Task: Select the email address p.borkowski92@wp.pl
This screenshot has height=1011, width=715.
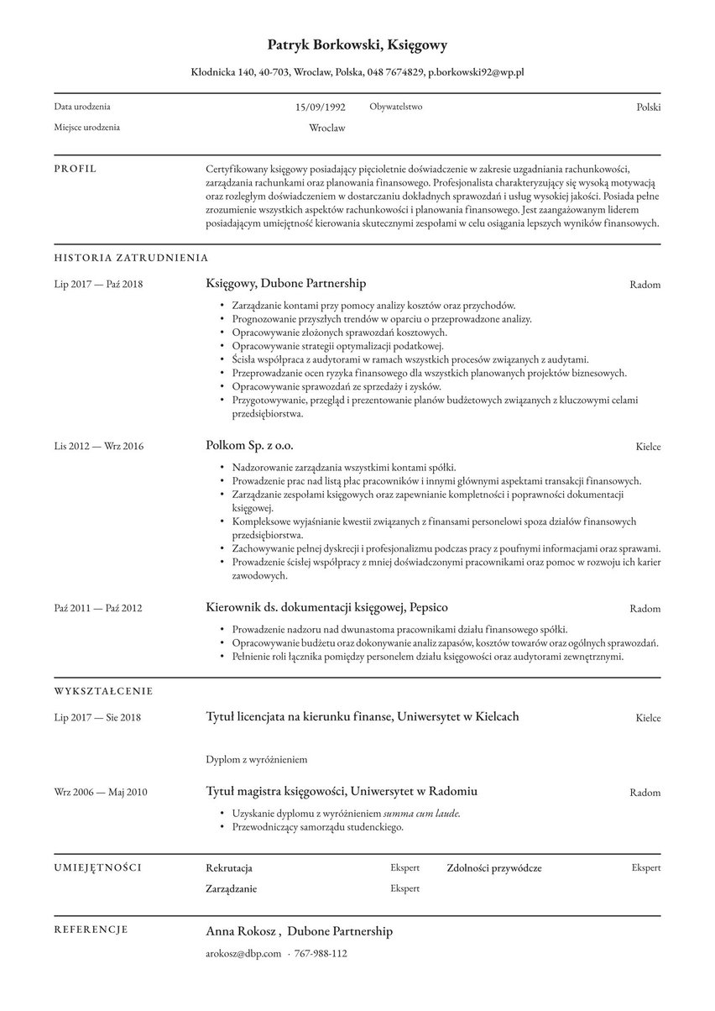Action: point(476,73)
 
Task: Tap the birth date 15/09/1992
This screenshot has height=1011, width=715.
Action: point(320,107)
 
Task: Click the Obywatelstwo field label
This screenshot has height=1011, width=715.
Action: point(396,107)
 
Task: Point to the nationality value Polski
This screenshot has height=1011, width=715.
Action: point(648,107)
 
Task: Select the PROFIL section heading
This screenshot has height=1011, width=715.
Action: point(76,169)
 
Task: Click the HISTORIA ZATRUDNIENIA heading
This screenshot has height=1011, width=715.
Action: point(131,259)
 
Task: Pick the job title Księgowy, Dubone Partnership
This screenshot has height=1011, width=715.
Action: point(285,284)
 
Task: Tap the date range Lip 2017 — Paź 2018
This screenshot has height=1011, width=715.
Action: point(99,285)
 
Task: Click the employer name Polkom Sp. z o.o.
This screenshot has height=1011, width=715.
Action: point(249,445)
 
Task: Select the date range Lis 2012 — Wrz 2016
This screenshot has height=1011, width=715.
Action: point(99,446)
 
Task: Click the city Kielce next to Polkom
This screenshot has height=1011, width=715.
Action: point(648,447)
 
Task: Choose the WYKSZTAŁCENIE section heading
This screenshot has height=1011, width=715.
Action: point(103,691)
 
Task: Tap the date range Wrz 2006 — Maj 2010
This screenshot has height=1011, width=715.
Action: point(101,793)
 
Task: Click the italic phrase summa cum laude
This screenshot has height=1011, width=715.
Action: point(422,814)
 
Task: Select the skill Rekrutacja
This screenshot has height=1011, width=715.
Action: point(229,868)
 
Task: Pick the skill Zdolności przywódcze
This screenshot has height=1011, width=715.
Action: point(494,868)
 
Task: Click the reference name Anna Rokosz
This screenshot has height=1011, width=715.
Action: point(242,931)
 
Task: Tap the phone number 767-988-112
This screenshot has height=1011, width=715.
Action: point(321,954)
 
